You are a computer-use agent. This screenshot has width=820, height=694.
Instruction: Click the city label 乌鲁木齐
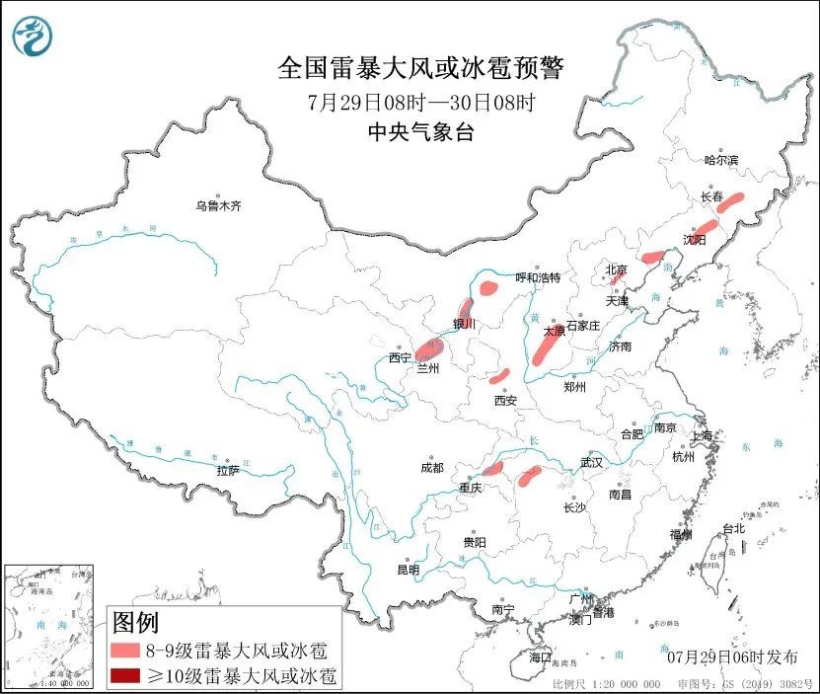click(217, 206)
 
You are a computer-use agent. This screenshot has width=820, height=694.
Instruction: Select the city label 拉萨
click(228, 470)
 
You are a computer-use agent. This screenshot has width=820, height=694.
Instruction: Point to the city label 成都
click(431, 467)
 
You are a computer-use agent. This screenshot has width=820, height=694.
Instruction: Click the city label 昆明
click(408, 570)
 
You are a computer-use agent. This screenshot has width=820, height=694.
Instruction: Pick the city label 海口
click(540, 656)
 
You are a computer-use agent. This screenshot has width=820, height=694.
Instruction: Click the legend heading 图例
click(135, 622)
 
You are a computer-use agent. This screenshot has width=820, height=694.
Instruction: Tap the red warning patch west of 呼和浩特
click(488, 288)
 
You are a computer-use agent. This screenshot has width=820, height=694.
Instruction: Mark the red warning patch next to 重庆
click(493, 468)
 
